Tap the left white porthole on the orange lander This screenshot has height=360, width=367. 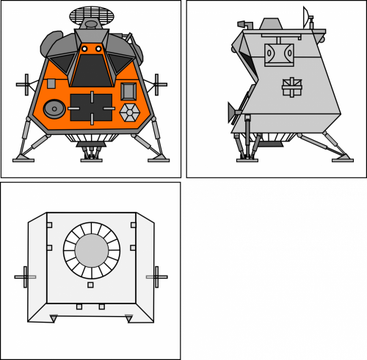[x=84, y=48]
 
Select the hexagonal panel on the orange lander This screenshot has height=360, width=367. [x=130, y=112]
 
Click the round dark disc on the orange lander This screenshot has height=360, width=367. [x=54, y=109]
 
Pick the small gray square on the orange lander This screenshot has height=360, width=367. [x=51, y=84]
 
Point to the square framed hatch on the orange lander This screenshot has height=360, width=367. [x=128, y=90]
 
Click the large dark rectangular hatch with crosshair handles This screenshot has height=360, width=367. [x=91, y=109]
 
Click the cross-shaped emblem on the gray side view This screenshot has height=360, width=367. [x=291, y=87]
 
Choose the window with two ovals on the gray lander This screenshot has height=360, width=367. [x=279, y=53]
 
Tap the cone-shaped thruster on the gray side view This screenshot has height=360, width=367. [x=232, y=112]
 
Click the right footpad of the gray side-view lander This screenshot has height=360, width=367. [x=343, y=158]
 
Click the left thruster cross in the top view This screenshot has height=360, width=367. [x=26, y=278]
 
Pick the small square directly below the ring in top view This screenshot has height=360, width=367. [x=90, y=284]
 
